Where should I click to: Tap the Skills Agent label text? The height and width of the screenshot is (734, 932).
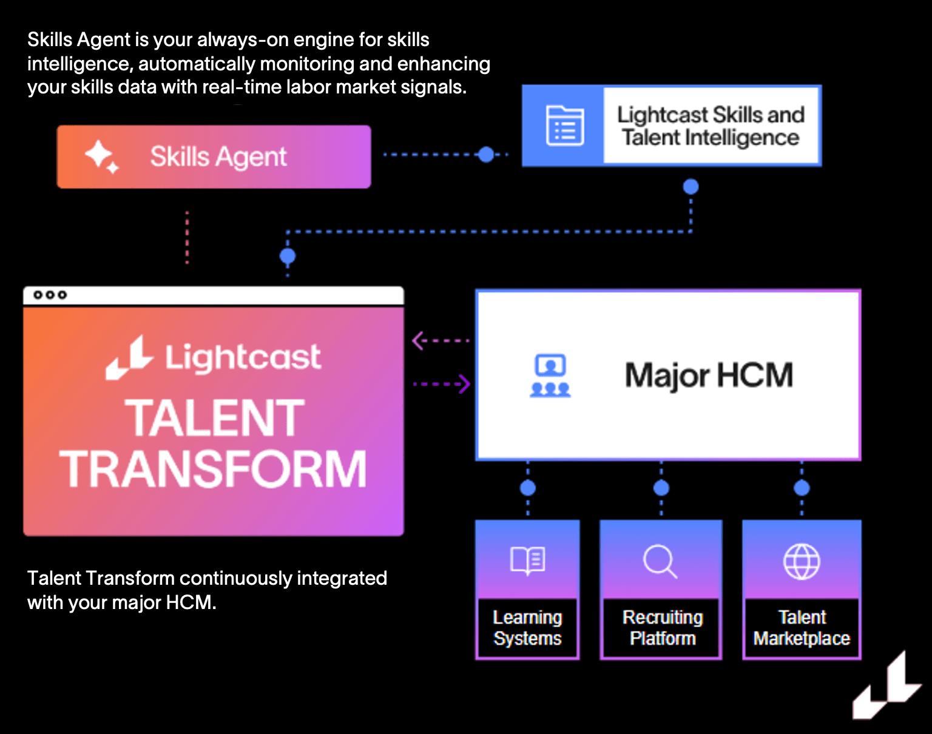click(x=218, y=157)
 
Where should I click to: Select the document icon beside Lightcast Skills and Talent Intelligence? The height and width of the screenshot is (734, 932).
click(x=565, y=126)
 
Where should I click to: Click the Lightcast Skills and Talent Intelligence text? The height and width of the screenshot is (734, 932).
click(x=711, y=126)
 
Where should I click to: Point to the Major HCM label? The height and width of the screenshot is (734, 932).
click(x=709, y=375)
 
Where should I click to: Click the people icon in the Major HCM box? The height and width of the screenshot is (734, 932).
click(x=550, y=376)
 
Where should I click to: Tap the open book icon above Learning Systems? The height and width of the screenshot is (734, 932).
click(x=527, y=560)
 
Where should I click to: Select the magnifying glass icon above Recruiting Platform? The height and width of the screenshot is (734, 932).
click(x=660, y=561)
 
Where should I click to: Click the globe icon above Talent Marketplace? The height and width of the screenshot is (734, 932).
click(x=802, y=561)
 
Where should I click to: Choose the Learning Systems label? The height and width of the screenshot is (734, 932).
click(x=527, y=628)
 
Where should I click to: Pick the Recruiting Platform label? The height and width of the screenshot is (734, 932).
click(x=662, y=628)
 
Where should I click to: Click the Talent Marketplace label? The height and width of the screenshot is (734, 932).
click(x=802, y=628)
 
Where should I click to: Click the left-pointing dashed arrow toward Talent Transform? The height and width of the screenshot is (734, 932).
click(x=440, y=341)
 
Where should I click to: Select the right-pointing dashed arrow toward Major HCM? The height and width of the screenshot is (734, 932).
click(x=442, y=384)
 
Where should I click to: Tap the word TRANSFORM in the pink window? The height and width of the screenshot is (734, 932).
click(x=214, y=469)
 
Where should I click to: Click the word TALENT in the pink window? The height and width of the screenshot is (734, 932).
click(x=214, y=418)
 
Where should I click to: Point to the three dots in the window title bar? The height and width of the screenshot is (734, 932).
click(x=50, y=295)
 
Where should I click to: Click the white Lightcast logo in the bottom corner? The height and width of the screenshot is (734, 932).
click(x=886, y=689)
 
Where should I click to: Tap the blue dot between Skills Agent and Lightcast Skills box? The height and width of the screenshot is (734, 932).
click(x=486, y=155)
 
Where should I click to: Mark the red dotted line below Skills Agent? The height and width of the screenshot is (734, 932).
click(x=187, y=237)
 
